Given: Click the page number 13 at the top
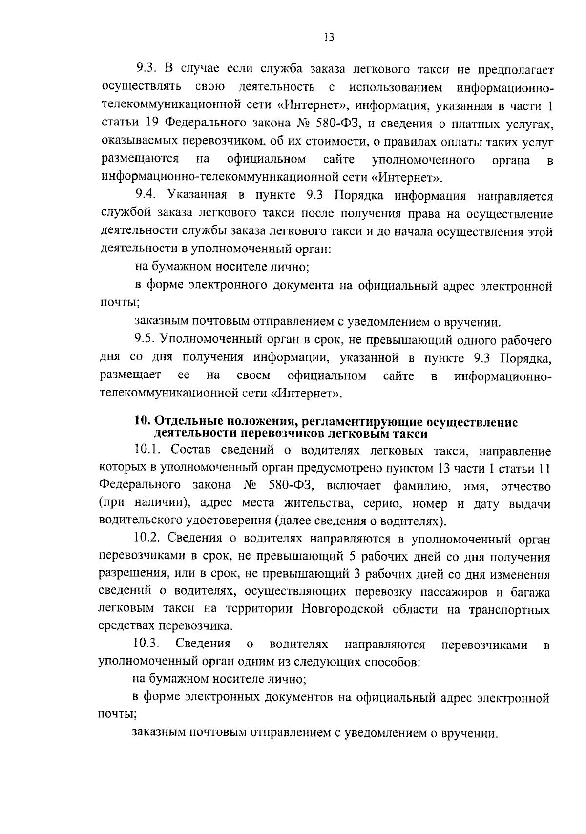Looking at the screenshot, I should pos(328,37).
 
